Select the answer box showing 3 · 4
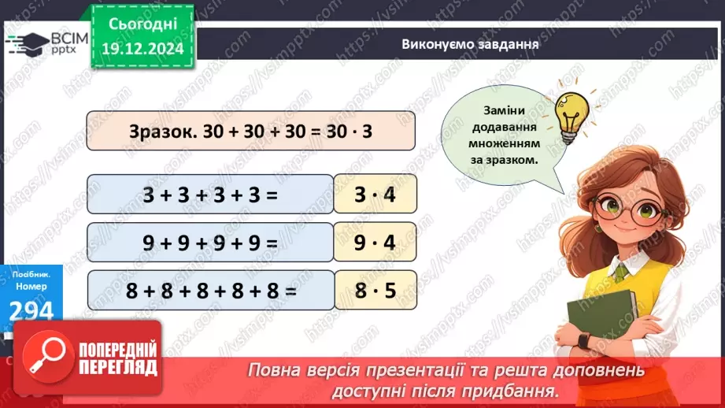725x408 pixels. (375, 194)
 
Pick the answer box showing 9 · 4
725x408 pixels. (375, 243)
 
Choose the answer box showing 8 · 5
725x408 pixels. (375, 291)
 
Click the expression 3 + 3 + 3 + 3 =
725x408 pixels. (210, 194)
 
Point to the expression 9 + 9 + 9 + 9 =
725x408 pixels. (210, 243)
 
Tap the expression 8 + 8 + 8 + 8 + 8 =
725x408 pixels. (212, 291)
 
